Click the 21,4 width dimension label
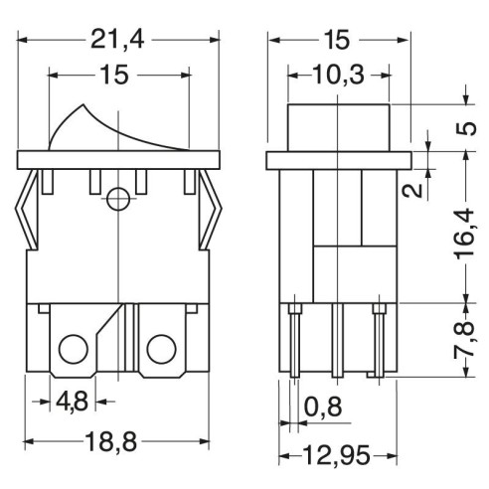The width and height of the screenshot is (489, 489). coord(117,40)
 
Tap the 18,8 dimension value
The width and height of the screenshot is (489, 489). coord(110,442)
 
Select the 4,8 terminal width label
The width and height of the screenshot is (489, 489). coord(73,402)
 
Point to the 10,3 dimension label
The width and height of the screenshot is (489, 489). coord(338,75)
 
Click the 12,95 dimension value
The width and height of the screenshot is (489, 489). coord(336,455)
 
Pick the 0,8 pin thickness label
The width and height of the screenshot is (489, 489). coord(323,407)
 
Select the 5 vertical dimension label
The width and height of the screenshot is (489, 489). coord(466,128)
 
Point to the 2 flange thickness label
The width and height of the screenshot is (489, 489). coord(412,191)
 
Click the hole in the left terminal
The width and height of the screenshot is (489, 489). coord(74,350)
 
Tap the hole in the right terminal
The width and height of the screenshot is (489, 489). coord(161,350)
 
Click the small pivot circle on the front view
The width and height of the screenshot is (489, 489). coord(118,199)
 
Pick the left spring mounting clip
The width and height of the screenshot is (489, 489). coord(27,210)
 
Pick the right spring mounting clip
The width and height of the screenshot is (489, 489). coord(210,210)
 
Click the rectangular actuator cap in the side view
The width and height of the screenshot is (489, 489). coord(339,128)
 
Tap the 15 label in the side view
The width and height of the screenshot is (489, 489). coord(337,40)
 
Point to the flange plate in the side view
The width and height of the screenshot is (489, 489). coord(339,161)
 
